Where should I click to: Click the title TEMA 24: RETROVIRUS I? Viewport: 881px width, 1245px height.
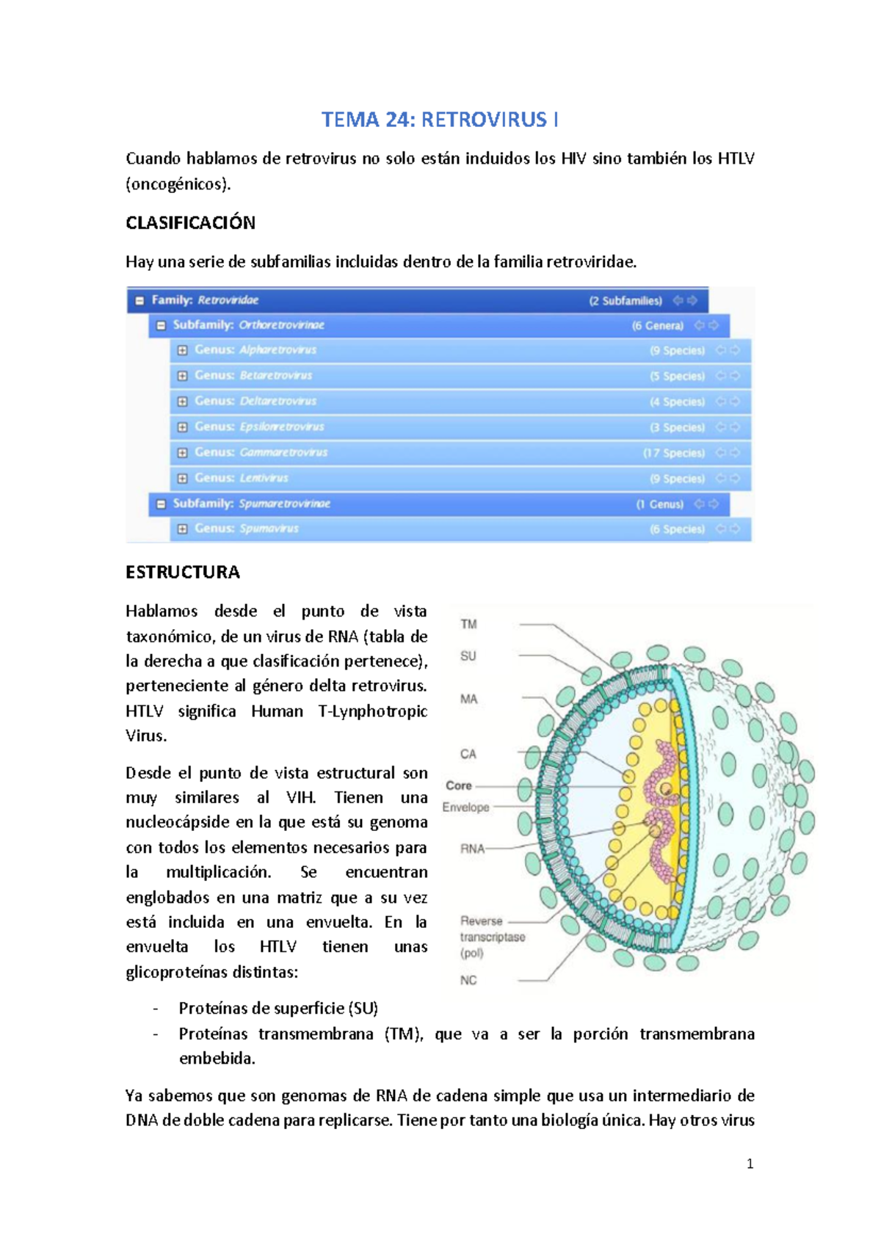tap(440, 120)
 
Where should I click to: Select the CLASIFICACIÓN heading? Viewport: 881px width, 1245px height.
tap(190, 223)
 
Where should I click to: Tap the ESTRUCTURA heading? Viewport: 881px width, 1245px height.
tap(183, 573)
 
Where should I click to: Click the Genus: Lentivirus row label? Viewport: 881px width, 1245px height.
tap(241, 478)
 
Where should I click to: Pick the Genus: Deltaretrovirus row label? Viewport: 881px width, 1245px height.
tap(255, 401)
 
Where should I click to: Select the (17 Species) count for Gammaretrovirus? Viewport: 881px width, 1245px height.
tap(674, 453)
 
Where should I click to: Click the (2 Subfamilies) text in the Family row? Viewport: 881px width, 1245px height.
tap(625, 300)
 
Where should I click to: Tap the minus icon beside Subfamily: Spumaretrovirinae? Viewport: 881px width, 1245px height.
tap(161, 504)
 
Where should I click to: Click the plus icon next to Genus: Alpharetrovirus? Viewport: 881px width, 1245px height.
tap(182, 350)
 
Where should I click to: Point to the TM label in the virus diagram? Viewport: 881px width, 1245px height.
tap(468, 624)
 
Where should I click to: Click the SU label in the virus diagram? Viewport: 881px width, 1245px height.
tap(468, 656)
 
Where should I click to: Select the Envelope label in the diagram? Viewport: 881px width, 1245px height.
tap(465, 807)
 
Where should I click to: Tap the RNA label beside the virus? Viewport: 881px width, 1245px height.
tap(472, 849)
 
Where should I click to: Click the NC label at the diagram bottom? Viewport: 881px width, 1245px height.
tap(468, 980)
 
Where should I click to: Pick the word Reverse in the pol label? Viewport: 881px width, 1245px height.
tap(481, 921)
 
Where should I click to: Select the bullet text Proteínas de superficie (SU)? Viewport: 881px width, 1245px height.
tap(278, 1009)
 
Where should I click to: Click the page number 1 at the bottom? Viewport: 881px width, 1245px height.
tap(750, 1164)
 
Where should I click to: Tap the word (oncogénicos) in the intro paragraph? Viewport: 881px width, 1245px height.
tap(178, 184)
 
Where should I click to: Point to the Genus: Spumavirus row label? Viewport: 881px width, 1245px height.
tap(246, 529)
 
